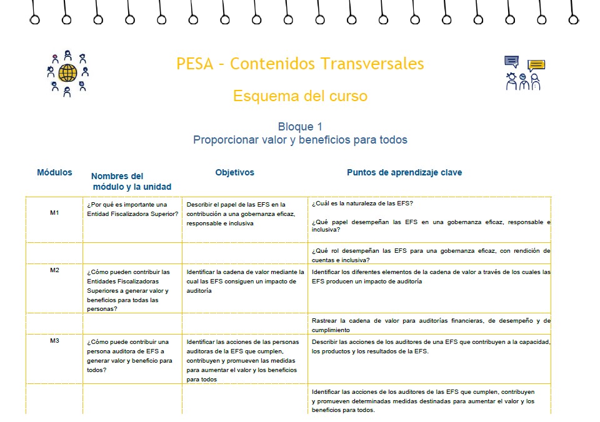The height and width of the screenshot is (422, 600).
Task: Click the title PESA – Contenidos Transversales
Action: [x=300, y=64]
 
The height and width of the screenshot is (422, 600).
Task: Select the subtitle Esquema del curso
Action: [x=300, y=96]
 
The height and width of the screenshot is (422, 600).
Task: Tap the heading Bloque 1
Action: [x=300, y=127]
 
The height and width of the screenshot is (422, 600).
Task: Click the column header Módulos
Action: [x=54, y=172]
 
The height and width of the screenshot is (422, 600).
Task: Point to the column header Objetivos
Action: [x=234, y=172]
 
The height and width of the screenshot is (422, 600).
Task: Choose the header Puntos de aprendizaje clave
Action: [x=404, y=172]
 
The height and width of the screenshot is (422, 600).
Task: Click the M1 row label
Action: [x=54, y=213]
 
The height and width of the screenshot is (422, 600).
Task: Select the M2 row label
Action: [x=54, y=270]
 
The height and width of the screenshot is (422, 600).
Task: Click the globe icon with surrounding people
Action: [x=67, y=74]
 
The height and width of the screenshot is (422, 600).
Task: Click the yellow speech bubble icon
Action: [x=536, y=65]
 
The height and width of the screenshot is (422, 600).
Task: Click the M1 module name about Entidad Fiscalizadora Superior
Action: [x=132, y=209]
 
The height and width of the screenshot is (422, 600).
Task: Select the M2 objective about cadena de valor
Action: [x=245, y=281]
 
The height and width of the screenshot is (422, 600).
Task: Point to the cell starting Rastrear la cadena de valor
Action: [x=431, y=325]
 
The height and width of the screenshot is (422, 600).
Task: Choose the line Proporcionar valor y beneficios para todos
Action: [x=300, y=140]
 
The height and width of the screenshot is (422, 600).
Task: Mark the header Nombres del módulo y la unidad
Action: [x=131, y=181]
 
